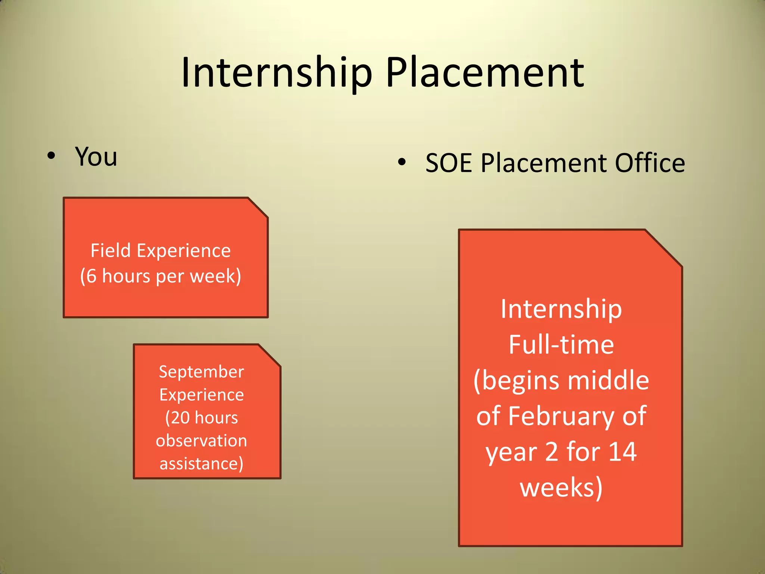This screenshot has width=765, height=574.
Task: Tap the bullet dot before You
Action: coord(51,156)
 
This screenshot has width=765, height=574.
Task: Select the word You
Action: coord(96,156)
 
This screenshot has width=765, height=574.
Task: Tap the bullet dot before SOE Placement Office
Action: coord(402,162)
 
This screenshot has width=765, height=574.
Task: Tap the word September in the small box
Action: coord(201,372)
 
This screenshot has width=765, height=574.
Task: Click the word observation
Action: coord(201,441)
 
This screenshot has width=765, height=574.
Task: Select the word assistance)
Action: coord(201,464)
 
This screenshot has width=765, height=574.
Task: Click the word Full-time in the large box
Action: coord(561,345)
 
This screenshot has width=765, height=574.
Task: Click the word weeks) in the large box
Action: coord(561,488)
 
